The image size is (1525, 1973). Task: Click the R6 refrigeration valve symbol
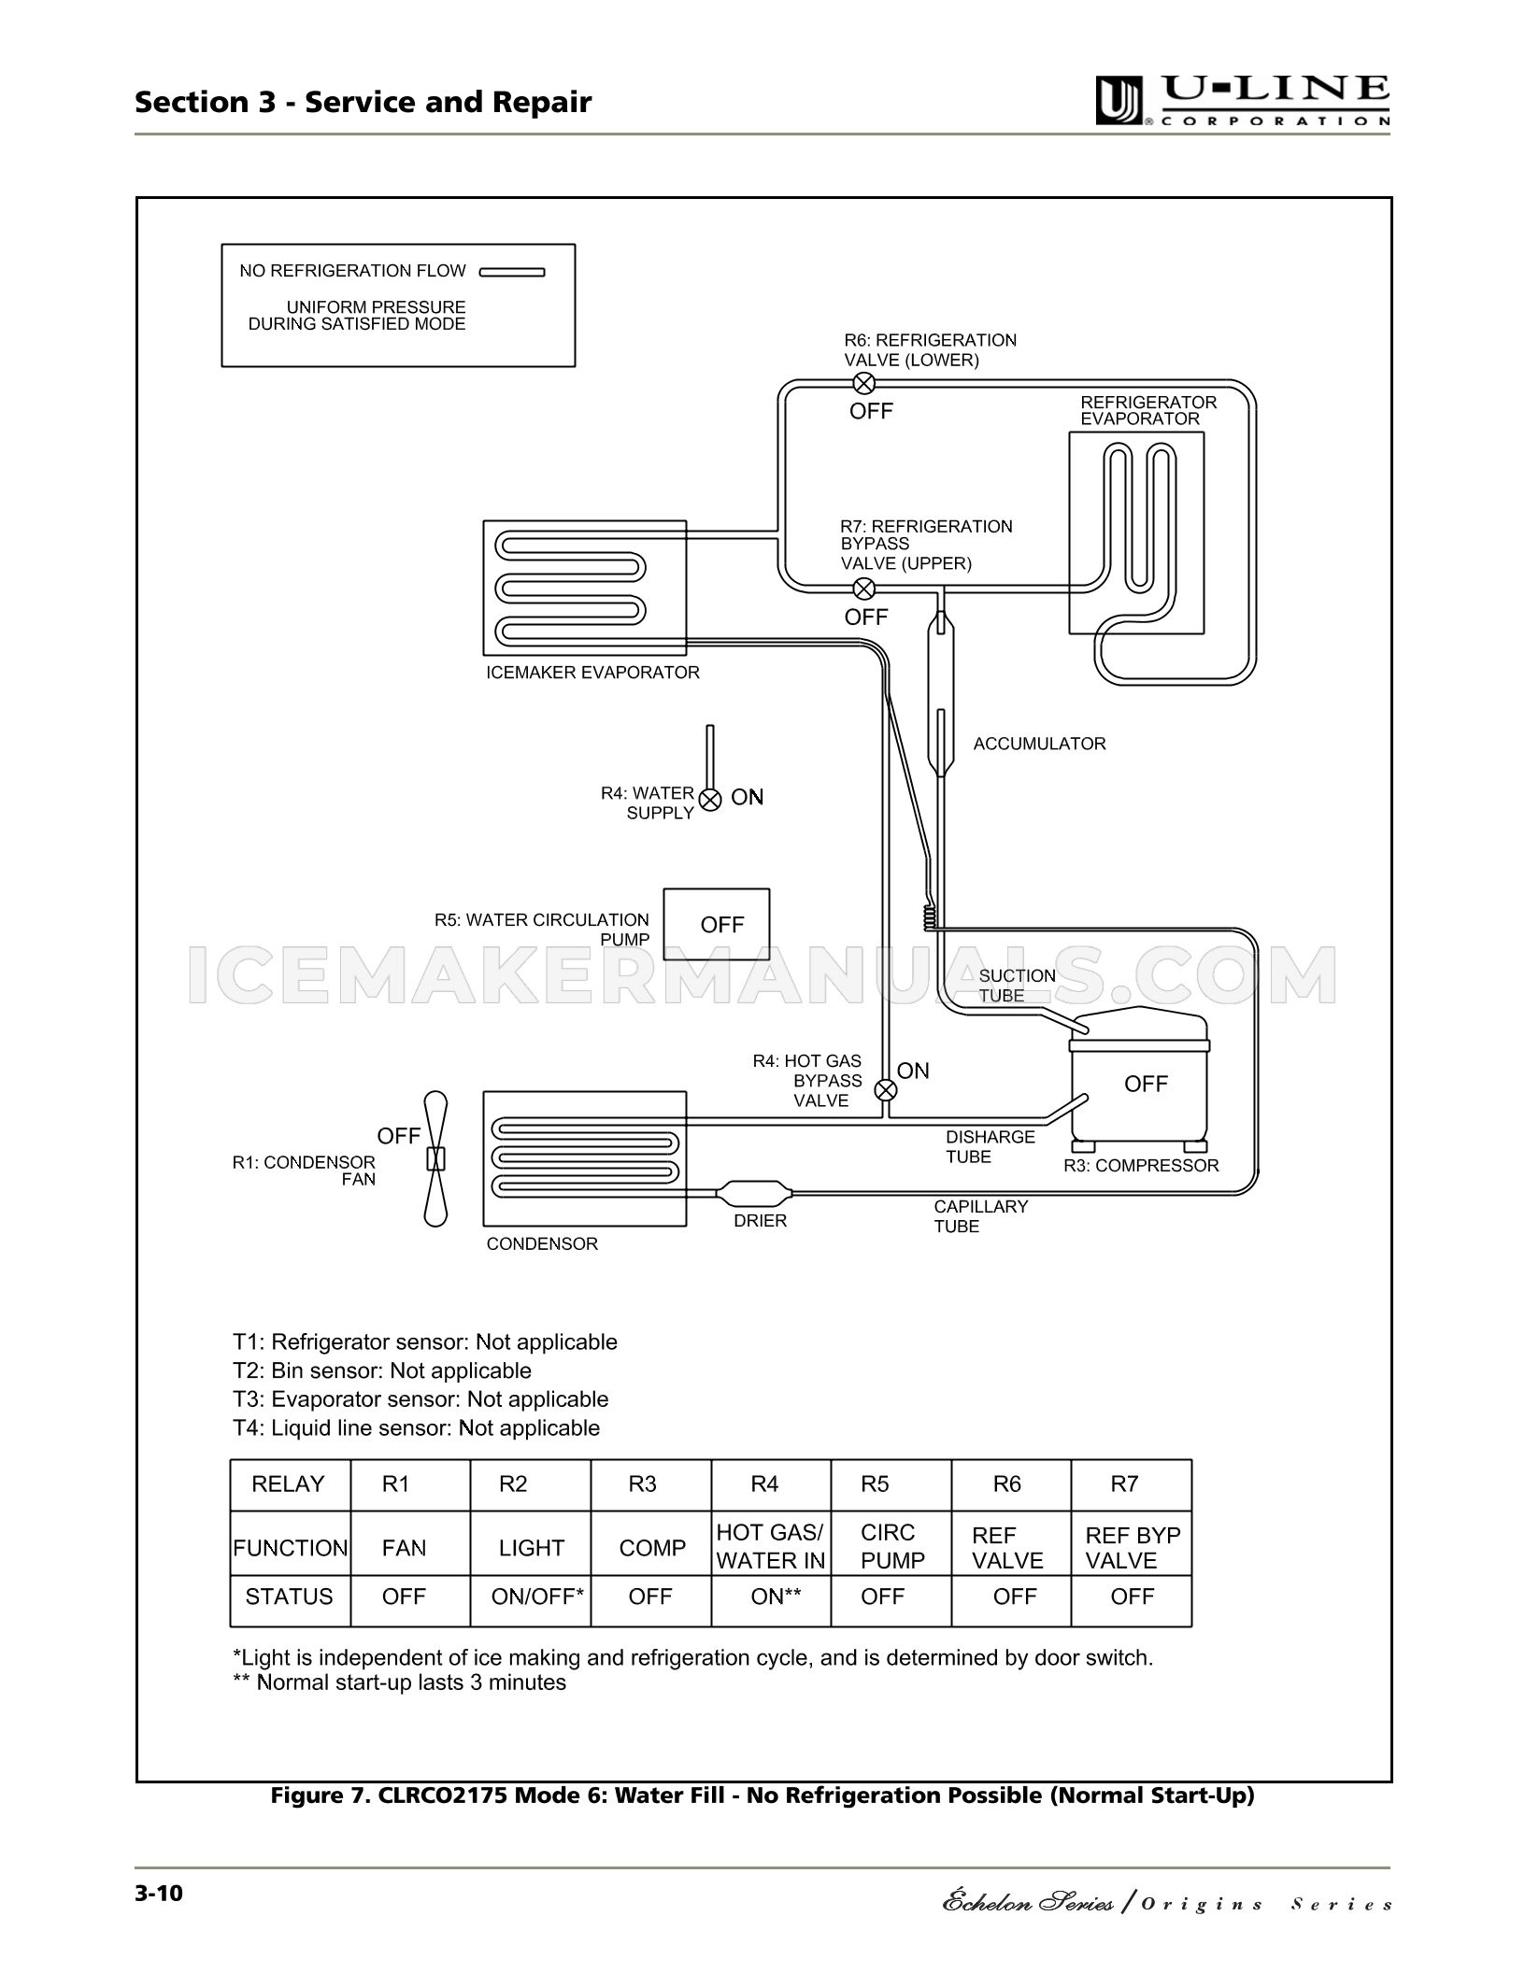pyautogui.click(x=865, y=382)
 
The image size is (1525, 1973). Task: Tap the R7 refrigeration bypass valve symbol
pyautogui.click(x=865, y=589)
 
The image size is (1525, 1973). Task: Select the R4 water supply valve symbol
pyautogui.click(x=711, y=800)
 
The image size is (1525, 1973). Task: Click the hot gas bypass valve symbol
pyautogui.click(x=885, y=1090)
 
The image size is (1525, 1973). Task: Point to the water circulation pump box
pyautogui.click(x=717, y=924)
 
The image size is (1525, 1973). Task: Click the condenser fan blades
pyautogui.click(x=435, y=1158)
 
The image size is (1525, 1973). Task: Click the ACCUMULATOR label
pyautogui.click(x=1039, y=744)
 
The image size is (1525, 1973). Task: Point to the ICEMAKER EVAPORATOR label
pyautogui.click(x=592, y=673)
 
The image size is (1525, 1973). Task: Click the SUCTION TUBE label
pyautogui.click(x=1017, y=986)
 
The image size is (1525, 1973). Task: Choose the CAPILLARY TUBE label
pyautogui.click(x=980, y=1216)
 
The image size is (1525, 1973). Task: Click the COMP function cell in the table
pyautogui.click(x=652, y=1548)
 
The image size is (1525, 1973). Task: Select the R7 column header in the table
pyautogui.click(x=1124, y=1484)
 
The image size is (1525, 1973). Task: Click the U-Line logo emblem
pyautogui.click(x=1119, y=101)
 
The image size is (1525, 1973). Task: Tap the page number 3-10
pyautogui.click(x=159, y=1893)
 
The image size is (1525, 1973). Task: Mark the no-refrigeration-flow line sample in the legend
pyautogui.click(x=512, y=273)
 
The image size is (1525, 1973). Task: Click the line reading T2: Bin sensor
pyautogui.click(x=382, y=1370)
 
